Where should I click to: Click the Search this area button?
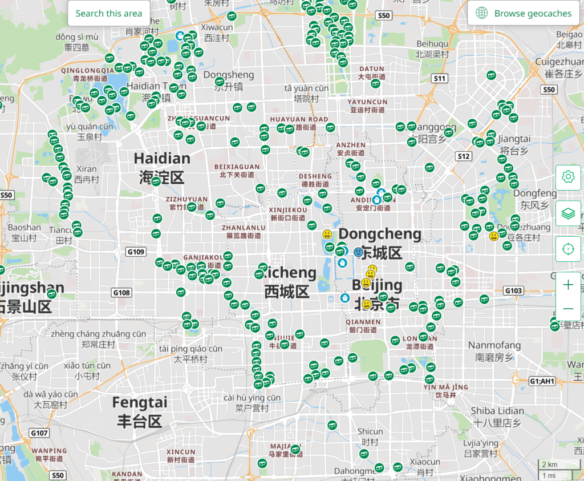[x=108, y=13]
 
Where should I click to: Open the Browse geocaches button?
[x=524, y=13]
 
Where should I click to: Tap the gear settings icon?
[x=568, y=177]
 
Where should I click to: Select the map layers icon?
[x=568, y=213]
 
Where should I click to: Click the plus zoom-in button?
[x=568, y=285]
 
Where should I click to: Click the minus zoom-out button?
[x=568, y=309]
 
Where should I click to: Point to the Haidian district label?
[x=161, y=167]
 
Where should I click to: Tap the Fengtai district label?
[x=140, y=411]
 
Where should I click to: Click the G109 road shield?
[x=136, y=252]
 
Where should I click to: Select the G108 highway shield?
[x=121, y=293]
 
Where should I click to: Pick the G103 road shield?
[x=513, y=291]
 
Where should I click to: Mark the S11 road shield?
[x=439, y=78]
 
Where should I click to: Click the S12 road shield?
[x=464, y=156]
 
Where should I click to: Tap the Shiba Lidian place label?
[x=497, y=416]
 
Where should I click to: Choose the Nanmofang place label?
[x=494, y=350]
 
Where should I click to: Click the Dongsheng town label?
[x=228, y=80]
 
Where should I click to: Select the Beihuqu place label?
[x=432, y=48]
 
